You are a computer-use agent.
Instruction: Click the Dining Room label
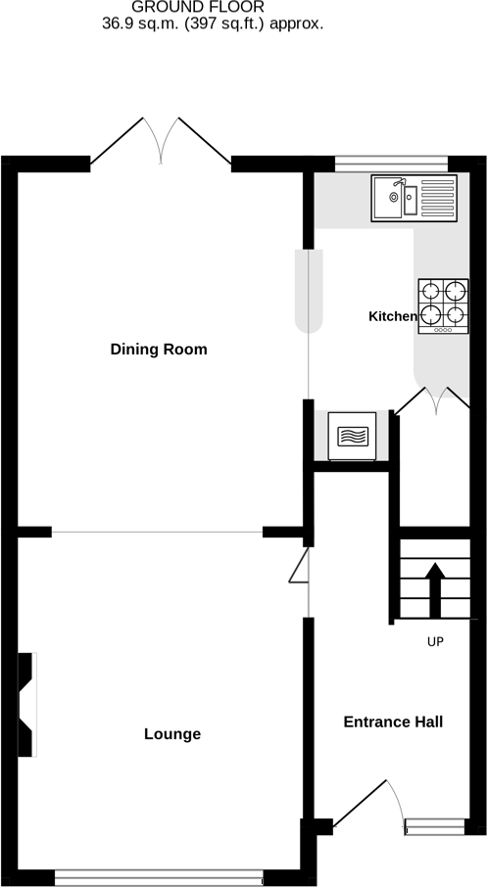point(159,350)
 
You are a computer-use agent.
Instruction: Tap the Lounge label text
point(172,734)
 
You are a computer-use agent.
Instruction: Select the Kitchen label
point(392,316)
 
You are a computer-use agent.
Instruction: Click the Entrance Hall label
point(393,723)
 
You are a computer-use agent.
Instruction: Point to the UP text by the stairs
point(435,643)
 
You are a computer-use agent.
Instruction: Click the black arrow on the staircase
point(435,584)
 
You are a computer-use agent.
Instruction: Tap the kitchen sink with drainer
point(413,198)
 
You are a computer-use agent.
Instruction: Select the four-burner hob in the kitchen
point(442,305)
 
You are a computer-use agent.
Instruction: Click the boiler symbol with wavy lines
point(351,433)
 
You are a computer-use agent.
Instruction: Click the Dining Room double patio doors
point(161,141)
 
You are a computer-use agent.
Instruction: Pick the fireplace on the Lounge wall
point(27,704)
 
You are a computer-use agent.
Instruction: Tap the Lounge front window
point(158,878)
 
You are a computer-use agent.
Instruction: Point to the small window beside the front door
point(435,827)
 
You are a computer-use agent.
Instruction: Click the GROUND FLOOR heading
point(213,7)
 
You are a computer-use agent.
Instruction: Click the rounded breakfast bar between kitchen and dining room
point(309,290)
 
